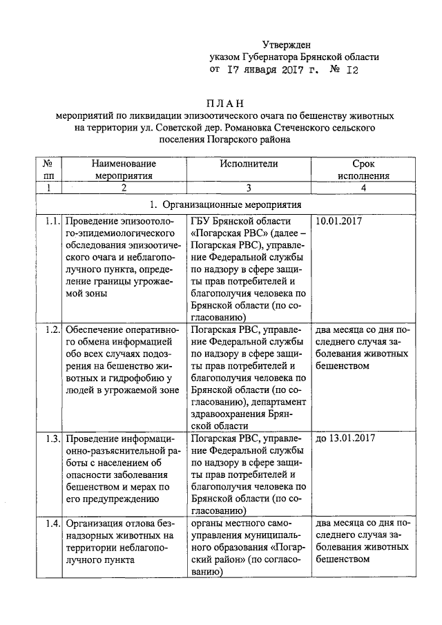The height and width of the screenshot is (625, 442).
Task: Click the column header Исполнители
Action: [249, 164]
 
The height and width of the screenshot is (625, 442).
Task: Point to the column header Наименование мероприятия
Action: [123, 170]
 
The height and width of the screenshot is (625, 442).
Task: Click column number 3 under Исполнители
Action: [249, 188]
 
